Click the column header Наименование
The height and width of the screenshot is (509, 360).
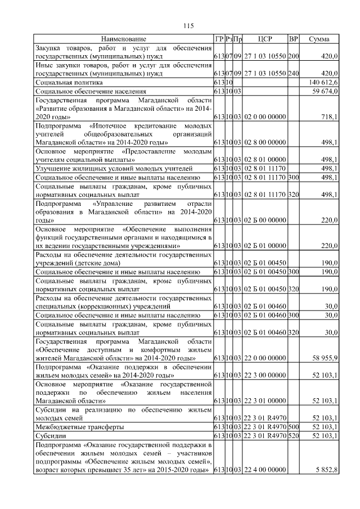123,39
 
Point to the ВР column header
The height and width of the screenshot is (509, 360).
293,39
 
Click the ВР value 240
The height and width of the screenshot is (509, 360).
293,74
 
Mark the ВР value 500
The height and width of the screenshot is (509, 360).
293,427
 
